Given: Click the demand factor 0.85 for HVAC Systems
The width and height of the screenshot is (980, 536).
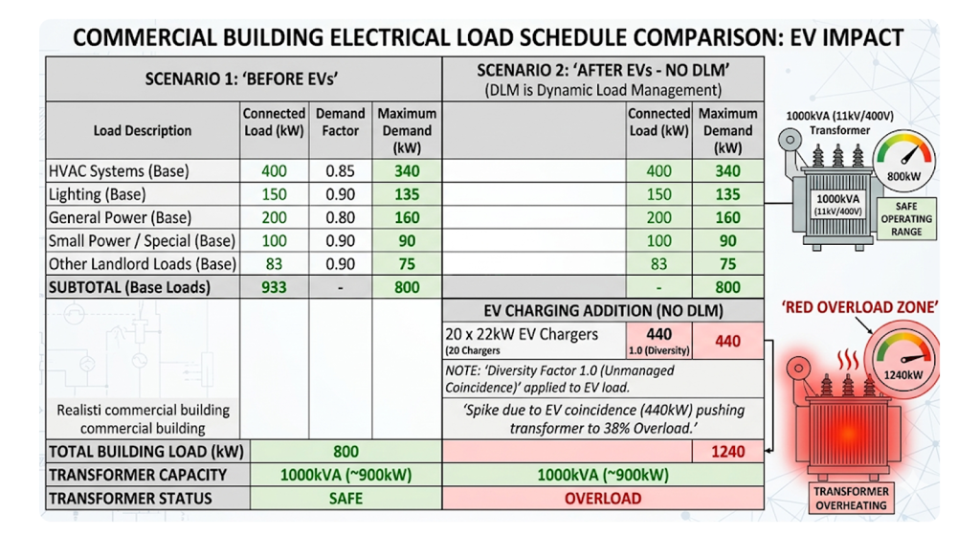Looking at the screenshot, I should (341, 171).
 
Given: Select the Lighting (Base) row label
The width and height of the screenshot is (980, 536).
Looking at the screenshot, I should (96, 194).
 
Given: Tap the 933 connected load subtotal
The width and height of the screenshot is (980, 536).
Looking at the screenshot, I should (274, 286).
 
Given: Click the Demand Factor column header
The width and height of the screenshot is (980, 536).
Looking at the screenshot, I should (341, 122).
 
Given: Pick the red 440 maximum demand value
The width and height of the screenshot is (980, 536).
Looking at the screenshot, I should (727, 341).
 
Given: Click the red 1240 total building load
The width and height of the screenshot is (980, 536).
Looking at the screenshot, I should (727, 451).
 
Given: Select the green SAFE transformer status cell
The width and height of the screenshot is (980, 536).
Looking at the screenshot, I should (345, 499).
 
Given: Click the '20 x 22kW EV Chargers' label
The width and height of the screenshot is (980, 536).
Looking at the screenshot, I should (522, 335).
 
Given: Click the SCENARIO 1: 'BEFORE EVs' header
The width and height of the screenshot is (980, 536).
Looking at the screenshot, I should (244, 79).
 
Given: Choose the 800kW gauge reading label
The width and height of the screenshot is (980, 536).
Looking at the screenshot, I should (903, 176).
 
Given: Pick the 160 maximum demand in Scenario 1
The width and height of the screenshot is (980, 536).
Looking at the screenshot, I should (407, 217).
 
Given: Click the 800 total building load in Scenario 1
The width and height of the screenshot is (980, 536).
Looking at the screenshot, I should (345, 451).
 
